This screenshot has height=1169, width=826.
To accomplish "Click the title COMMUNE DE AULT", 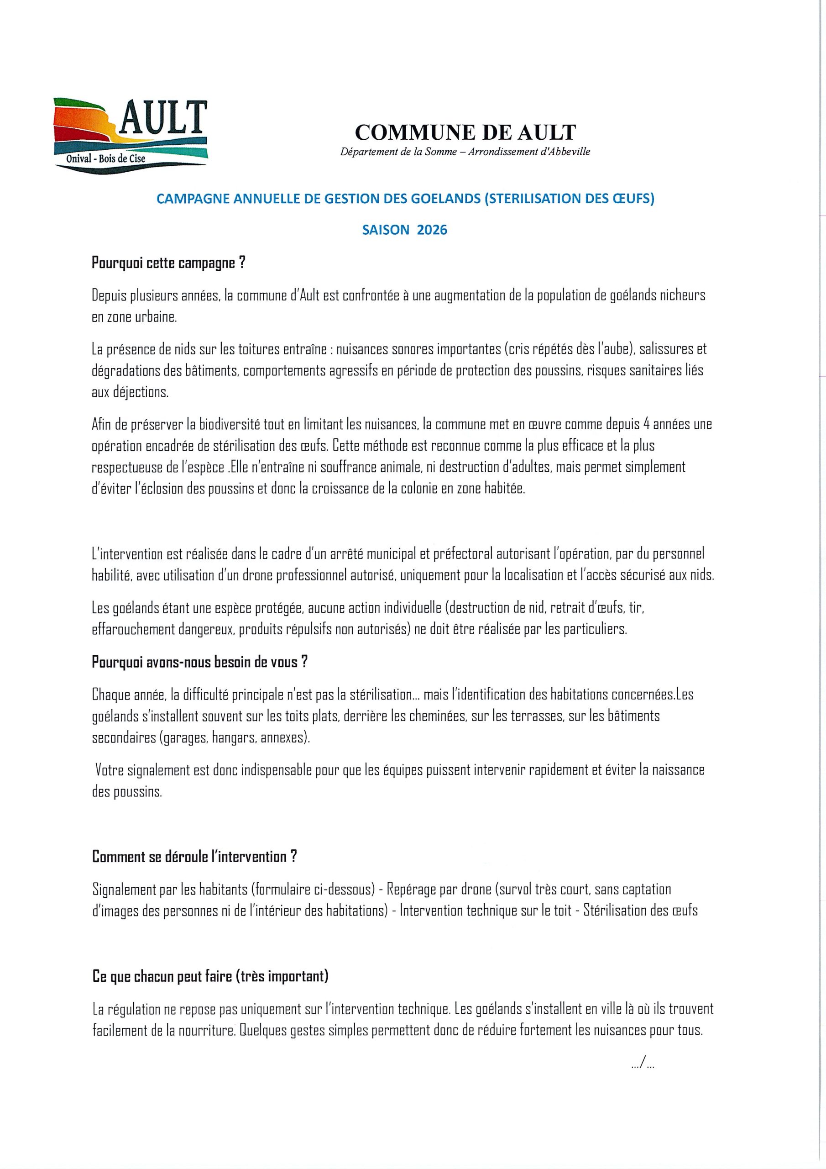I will coord(465,132).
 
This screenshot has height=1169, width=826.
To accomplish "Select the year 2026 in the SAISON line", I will coord(432,230).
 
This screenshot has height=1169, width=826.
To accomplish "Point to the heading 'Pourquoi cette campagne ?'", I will coord(168,264).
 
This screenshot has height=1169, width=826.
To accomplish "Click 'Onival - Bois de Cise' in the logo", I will coord(106,159).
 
